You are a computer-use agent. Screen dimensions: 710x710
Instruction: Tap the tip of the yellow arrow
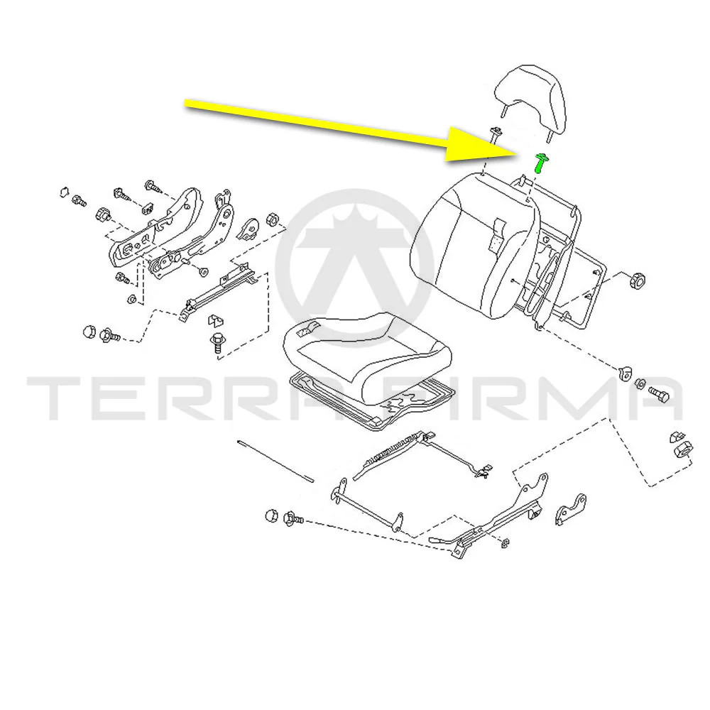517,154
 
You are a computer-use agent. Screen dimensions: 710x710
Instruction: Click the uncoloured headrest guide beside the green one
496,133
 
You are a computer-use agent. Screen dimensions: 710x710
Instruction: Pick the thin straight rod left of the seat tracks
275,461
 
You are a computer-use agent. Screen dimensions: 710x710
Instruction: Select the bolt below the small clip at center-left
218,344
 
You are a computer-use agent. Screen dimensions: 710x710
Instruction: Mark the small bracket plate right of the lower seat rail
570,509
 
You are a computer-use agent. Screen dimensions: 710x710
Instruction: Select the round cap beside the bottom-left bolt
271,515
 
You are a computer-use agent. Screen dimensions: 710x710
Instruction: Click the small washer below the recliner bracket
131,299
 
